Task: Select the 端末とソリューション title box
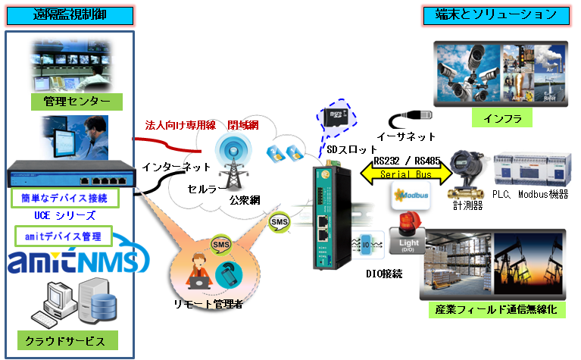pyautogui.click(x=496, y=14)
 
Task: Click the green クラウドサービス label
pyautogui.click(x=70, y=340)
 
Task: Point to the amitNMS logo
pyautogui.click(x=73, y=261)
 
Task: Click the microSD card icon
pyautogui.click(x=333, y=117)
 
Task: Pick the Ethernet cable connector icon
pyautogui.click(x=410, y=118)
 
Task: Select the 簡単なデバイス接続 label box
pyautogui.click(x=65, y=199)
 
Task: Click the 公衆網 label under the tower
pyautogui.click(x=245, y=200)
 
